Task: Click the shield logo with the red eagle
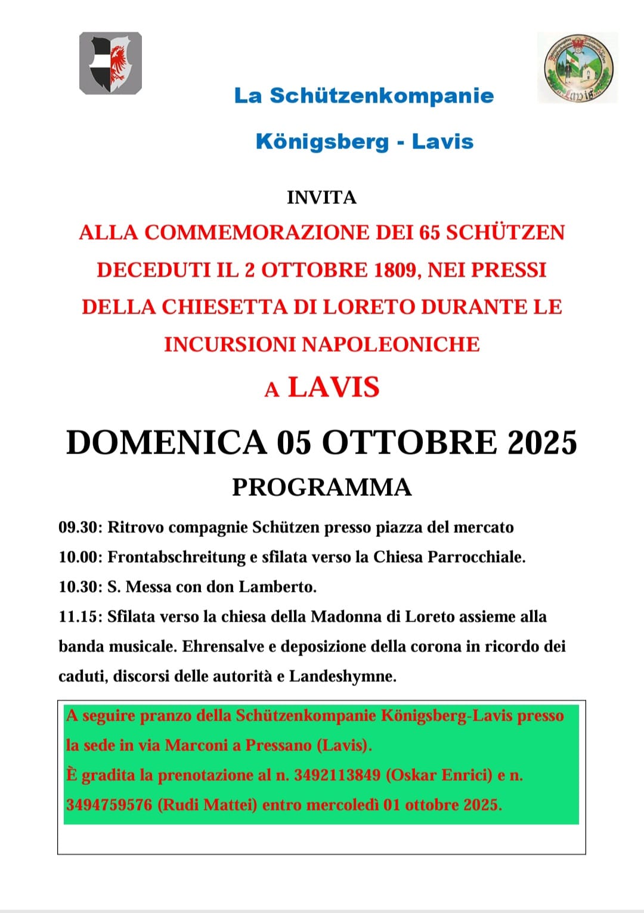[110, 63]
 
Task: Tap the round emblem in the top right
[577, 67]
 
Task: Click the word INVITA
[321, 197]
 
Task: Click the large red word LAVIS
[334, 387]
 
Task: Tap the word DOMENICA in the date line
[166, 443]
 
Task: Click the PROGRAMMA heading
[321, 487]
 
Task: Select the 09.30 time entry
[80, 527]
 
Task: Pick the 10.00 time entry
[80, 557]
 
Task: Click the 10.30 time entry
[80, 587]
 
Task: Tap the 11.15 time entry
[80, 617]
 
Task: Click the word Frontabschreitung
[177, 557]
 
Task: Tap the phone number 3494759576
[109, 805]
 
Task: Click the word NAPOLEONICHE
[391, 344]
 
